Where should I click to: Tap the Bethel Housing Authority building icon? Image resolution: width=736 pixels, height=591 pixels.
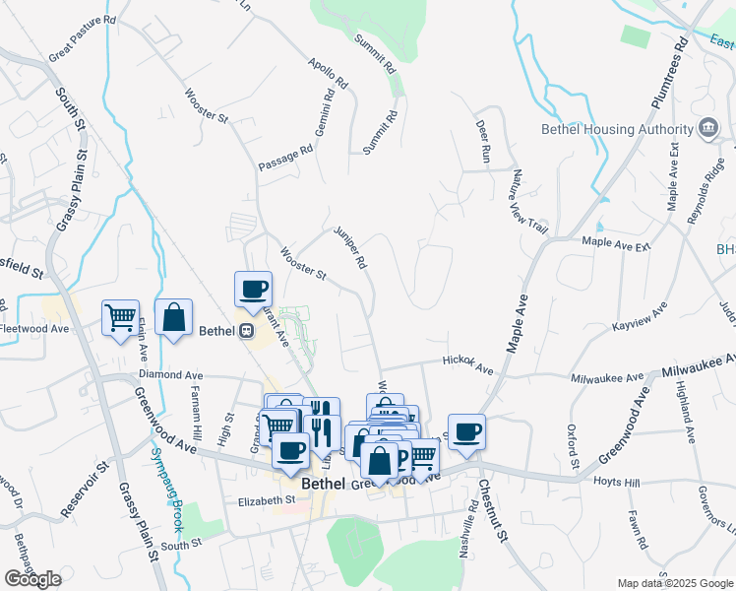pos(707,128)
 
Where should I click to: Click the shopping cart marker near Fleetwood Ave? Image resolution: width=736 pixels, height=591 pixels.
pos(120,318)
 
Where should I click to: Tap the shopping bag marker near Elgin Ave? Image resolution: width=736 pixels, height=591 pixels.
pos(173,317)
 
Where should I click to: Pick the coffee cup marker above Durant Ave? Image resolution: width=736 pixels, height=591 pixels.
pos(253,289)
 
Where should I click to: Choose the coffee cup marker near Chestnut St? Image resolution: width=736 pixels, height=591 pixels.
pos(466,429)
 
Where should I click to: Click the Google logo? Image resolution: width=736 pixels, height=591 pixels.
pos(32,579)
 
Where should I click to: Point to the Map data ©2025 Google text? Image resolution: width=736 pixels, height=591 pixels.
pos(674,583)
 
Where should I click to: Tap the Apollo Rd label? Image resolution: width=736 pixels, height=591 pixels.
pos(329,75)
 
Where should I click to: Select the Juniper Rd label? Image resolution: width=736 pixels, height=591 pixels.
pos(350,247)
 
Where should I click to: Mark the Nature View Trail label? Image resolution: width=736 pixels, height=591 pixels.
pos(527,201)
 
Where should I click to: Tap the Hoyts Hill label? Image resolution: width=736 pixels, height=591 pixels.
pos(616,482)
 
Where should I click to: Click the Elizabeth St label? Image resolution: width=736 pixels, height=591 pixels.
pos(267,500)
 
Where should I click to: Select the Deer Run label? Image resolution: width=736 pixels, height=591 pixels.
pos(483,142)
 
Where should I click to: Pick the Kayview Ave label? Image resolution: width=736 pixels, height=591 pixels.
pos(640,324)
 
